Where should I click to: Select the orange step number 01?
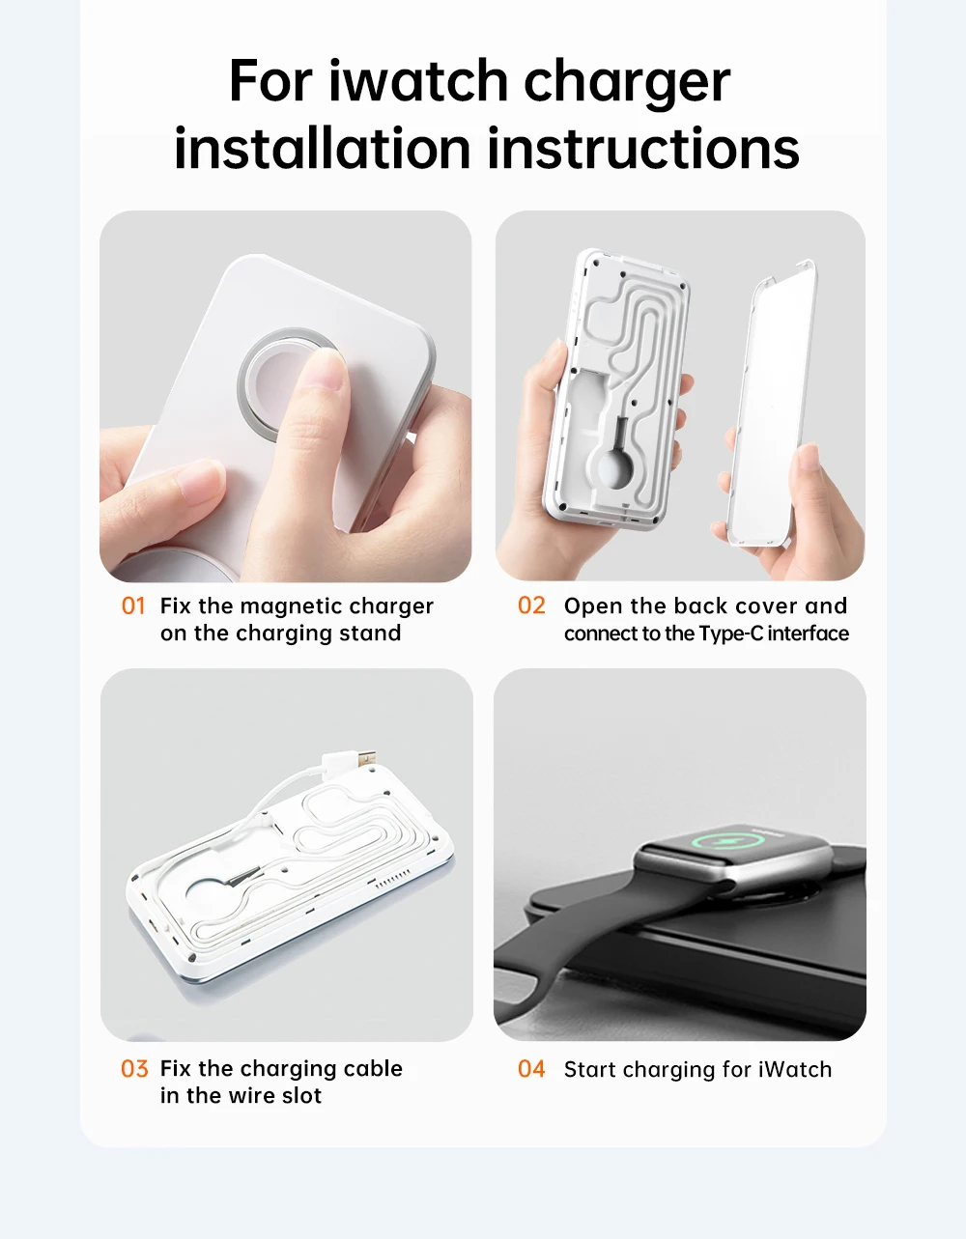pyautogui.click(x=133, y=606)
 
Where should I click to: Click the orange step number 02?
pyautogui.click(x=531, y=605)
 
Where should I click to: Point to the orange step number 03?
pyautogui.click(x=134, y=1069)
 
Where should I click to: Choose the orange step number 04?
pyautogui.click(x=531, y=1069)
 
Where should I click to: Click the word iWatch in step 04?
pyautogui.click(x=794, y=1070)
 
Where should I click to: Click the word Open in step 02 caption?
pyautogui.click(x=593, y=606)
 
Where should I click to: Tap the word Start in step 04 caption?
pyautogui.click(x=590, y=1070)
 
